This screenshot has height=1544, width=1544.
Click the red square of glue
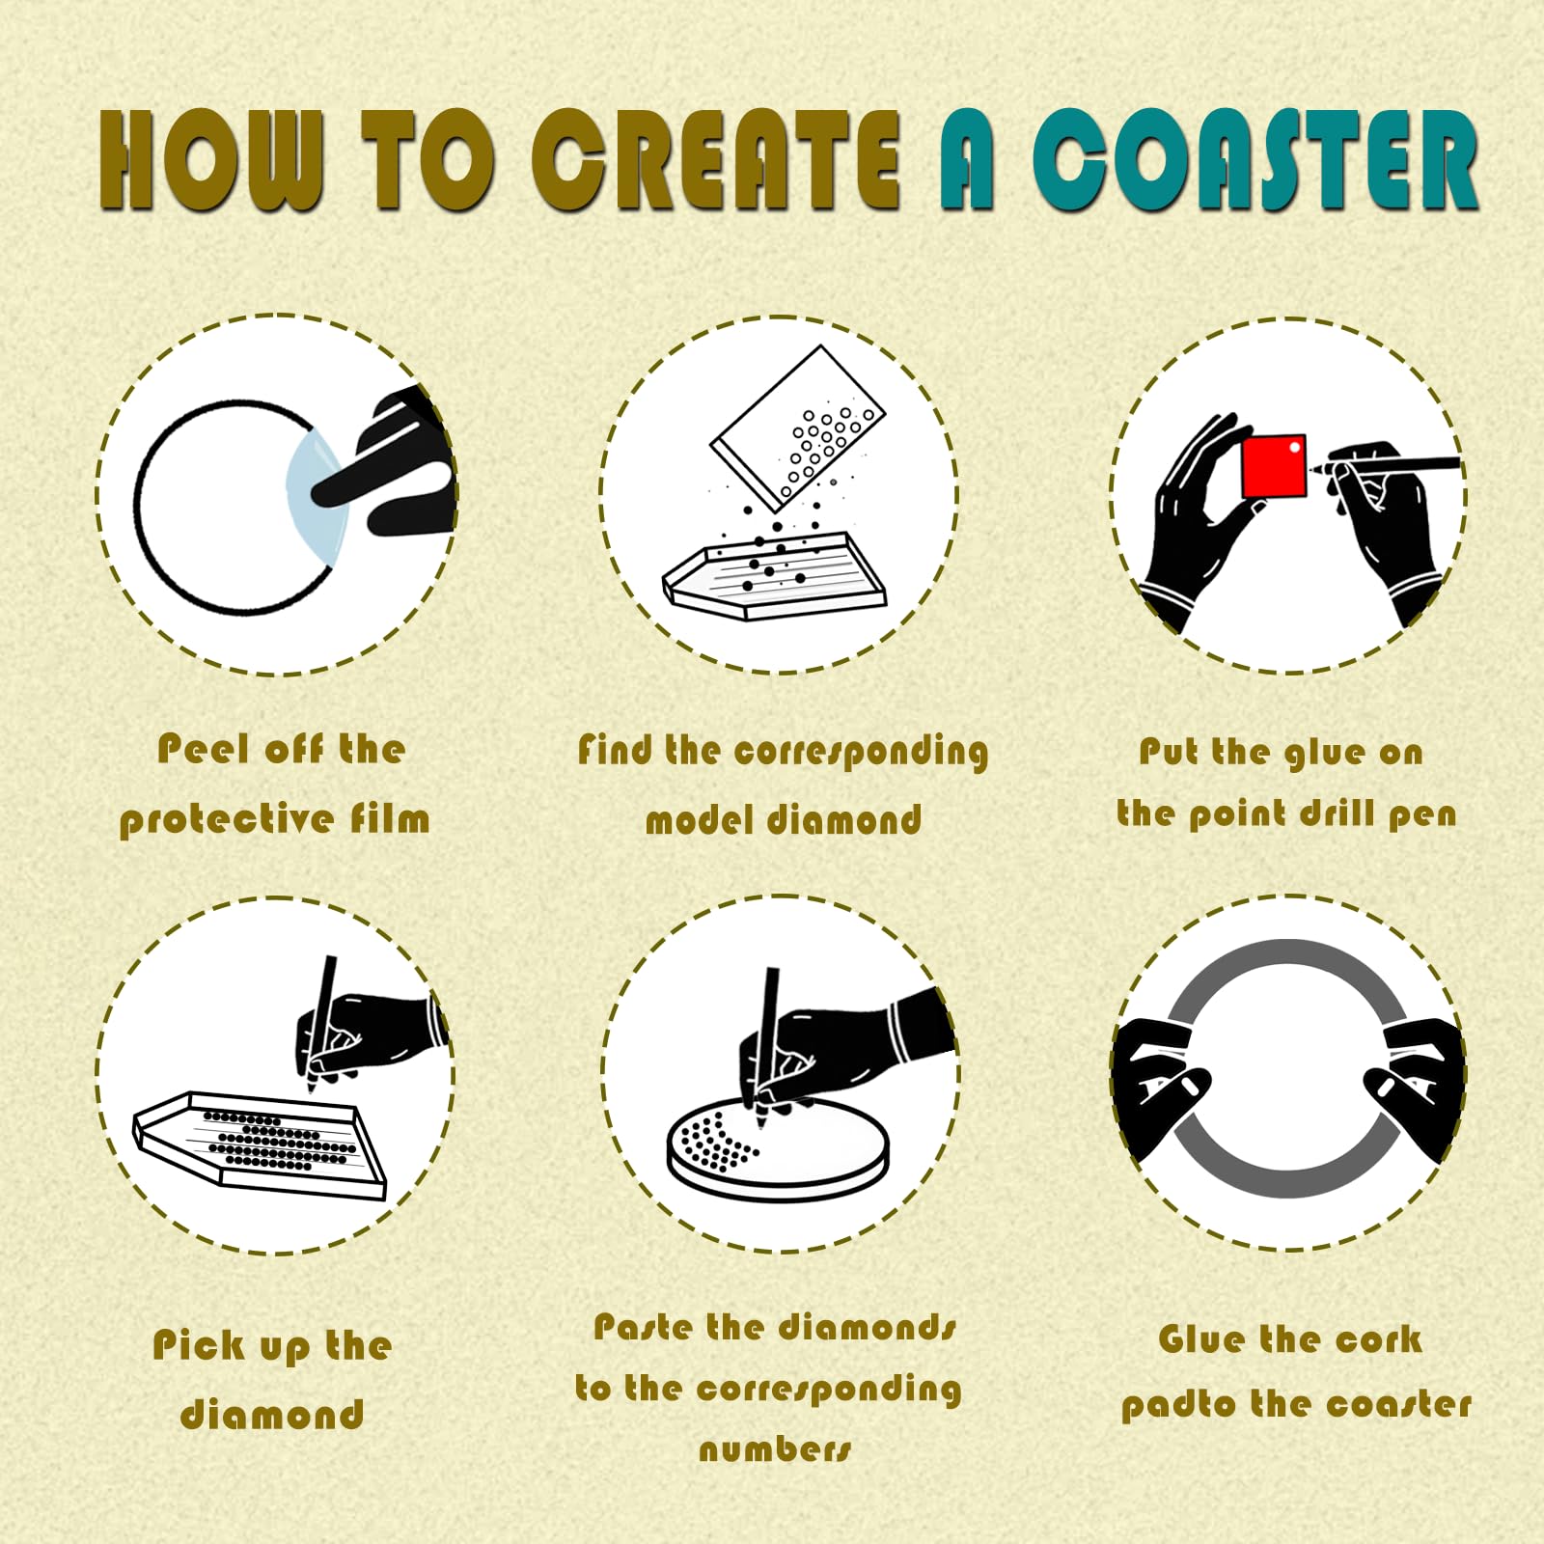[1274, 466]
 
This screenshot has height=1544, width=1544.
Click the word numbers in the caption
[776, 1449]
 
